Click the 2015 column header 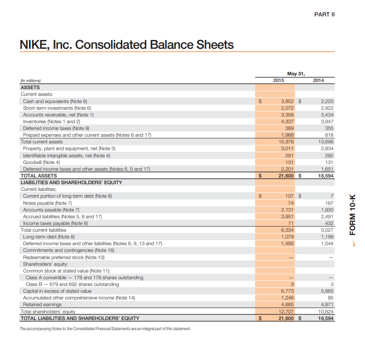[x=279, y=80]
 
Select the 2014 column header [x=318, y=80]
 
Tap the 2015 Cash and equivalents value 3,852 [x=285, y=101]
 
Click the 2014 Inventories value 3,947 [x=327, y=122]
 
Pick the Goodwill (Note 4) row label [x=42, y=162]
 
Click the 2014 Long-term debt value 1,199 [x=327, y=237]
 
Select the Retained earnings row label [x=42, y=304]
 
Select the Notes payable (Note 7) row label [x=48, y=203]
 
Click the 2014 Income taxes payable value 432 [x=329, y=223]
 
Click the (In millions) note [x=31, y=81]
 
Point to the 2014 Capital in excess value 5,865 [x=327, y=291]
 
